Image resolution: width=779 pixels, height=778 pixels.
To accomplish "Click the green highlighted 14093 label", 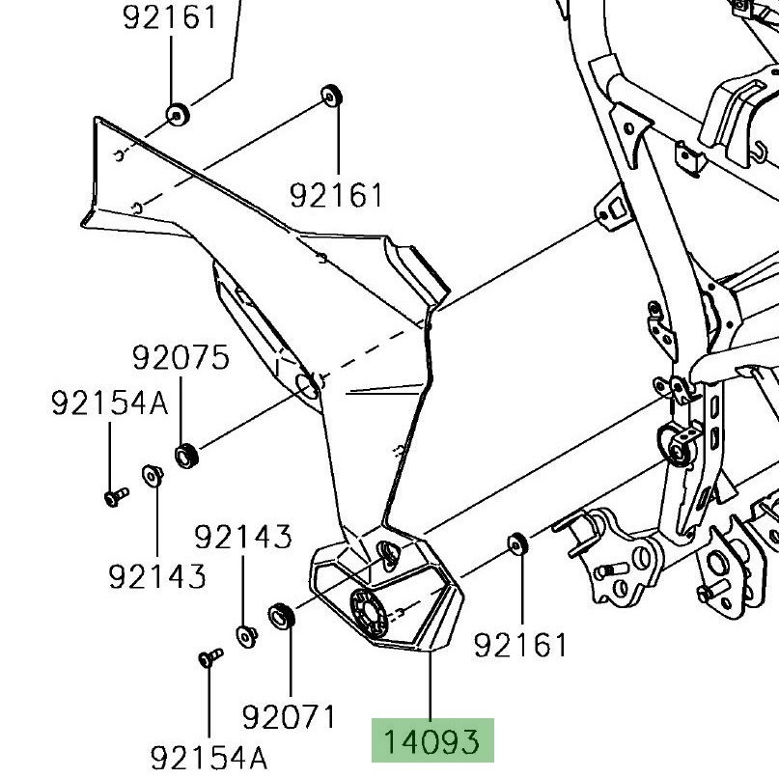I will pos(432,741).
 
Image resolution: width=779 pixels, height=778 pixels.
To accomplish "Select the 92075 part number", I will pos(181,358).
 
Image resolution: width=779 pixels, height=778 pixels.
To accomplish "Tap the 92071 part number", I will pos(289,717).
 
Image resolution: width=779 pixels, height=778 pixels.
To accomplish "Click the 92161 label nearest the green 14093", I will pos(521,645).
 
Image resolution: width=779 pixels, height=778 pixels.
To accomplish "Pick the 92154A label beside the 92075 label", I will pos(109,403).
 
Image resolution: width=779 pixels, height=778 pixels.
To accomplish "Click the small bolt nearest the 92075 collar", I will pos(115,496).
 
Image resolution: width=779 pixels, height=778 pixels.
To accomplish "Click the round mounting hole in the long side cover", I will pos(308,385).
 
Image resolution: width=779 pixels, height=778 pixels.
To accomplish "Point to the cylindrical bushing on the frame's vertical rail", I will pos(682,444).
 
